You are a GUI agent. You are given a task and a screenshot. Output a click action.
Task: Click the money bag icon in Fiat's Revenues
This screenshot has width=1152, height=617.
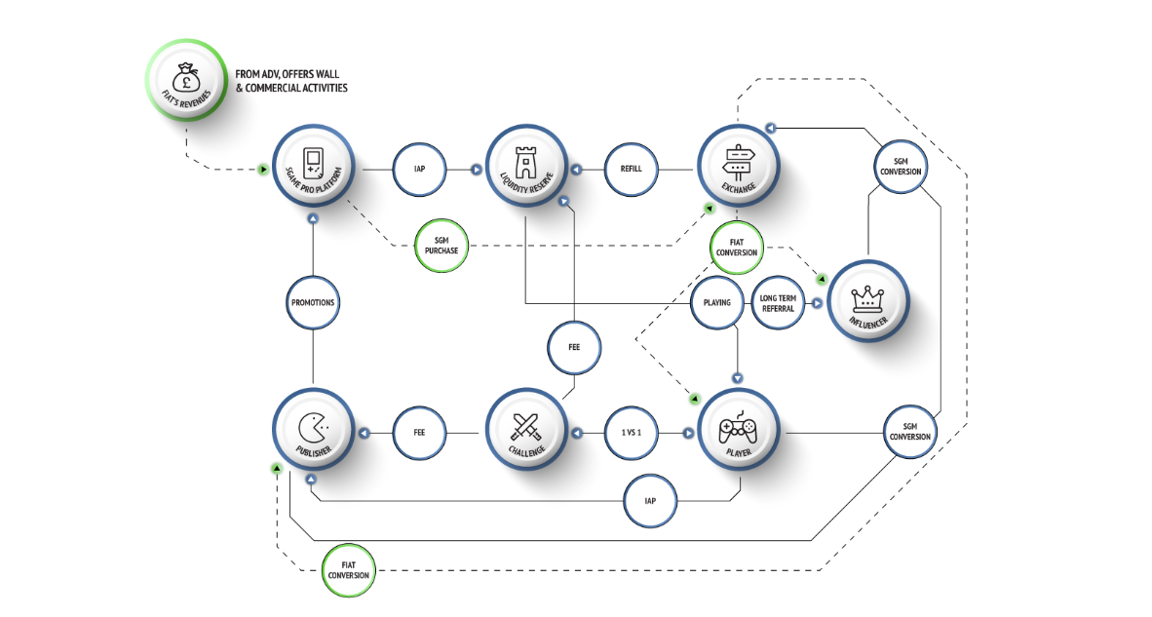point(186,76)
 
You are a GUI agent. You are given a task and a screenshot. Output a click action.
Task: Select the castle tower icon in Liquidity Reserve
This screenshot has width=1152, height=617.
point(525,163)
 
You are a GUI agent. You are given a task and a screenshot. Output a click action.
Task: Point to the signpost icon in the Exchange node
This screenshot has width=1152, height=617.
point(738,163)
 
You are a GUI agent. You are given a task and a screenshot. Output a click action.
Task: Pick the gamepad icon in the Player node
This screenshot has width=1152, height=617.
point(738,428)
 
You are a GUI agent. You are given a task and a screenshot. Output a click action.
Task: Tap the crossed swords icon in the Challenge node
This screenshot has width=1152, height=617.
point(526,427)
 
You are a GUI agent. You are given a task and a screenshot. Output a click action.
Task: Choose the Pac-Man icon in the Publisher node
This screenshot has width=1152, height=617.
point(313,428)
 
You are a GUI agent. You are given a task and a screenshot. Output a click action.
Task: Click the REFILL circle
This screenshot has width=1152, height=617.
point(632,169)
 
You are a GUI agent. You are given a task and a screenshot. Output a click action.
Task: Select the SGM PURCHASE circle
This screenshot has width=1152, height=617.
point(442,246)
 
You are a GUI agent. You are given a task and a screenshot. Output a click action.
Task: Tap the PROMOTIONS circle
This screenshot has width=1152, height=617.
point(313,302)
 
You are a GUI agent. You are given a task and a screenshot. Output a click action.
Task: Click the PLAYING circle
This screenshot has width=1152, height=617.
point(717,302)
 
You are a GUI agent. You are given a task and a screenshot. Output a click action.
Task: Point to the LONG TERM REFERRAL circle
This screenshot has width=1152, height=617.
point(778,302)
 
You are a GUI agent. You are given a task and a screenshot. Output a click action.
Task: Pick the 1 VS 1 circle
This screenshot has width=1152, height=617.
point(632,433)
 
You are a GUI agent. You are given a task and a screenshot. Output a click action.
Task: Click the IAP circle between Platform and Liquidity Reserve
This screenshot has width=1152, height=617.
point(419,169)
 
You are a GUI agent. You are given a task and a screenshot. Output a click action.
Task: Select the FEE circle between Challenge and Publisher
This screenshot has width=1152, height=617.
point(419,433)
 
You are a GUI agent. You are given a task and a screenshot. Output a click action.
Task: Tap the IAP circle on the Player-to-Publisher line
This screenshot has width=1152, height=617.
point(650,501)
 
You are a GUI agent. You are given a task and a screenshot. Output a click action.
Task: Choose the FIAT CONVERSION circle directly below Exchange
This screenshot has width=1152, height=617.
point(737,248)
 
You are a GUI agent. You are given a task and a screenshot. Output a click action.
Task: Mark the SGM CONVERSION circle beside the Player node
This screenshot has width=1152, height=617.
point(910,431)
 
